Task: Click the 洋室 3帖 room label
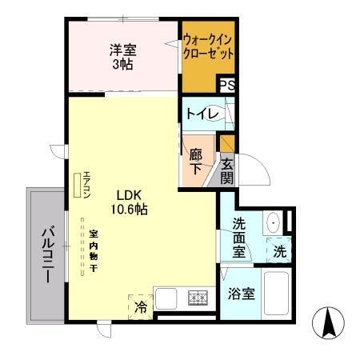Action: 122,56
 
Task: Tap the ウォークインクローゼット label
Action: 208,47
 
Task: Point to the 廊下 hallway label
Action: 195,158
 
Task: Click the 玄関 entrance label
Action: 227,170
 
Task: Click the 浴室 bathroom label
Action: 241,294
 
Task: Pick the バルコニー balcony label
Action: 45,255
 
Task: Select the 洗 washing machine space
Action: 279,250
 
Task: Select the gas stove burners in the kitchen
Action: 198,298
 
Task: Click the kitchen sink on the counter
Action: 169,298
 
